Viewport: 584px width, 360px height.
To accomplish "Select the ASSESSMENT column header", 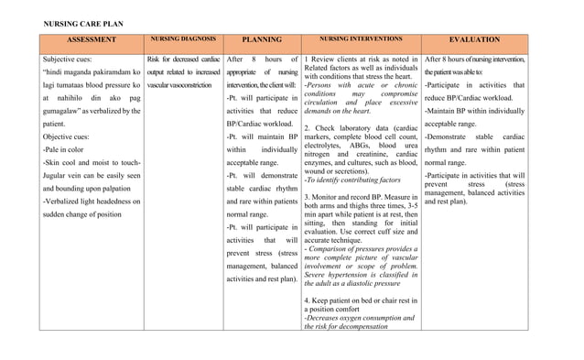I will [91, 39].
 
